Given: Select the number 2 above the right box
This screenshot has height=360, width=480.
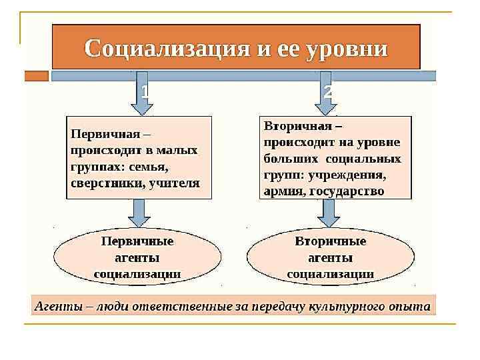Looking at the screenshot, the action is (x=327, y=92).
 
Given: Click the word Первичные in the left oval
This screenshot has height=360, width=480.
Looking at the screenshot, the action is (x=137, y=241).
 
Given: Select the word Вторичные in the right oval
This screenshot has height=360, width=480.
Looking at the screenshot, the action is (x=330, y=241).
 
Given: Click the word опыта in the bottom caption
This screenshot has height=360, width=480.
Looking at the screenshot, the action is (x=411, y=307).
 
